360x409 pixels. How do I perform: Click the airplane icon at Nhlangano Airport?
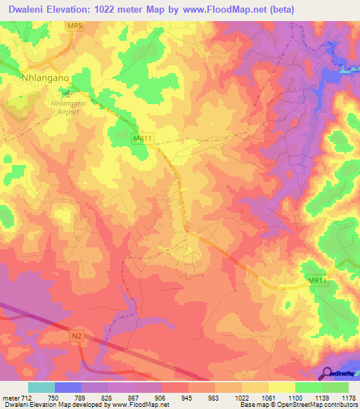pyautogui.click(x=67, y=92)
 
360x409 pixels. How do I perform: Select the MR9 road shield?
pyautogui.click(x=76, y=26)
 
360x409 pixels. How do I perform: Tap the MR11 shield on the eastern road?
pyautogui.click(x=318, y=281)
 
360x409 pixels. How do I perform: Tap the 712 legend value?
pyautogui.click(x=25, y=397)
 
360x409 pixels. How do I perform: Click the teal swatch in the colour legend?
pyautogui.click(x=41, y=387)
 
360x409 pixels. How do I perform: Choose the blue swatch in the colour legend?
pyautogui.click(x=67, y=387)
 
